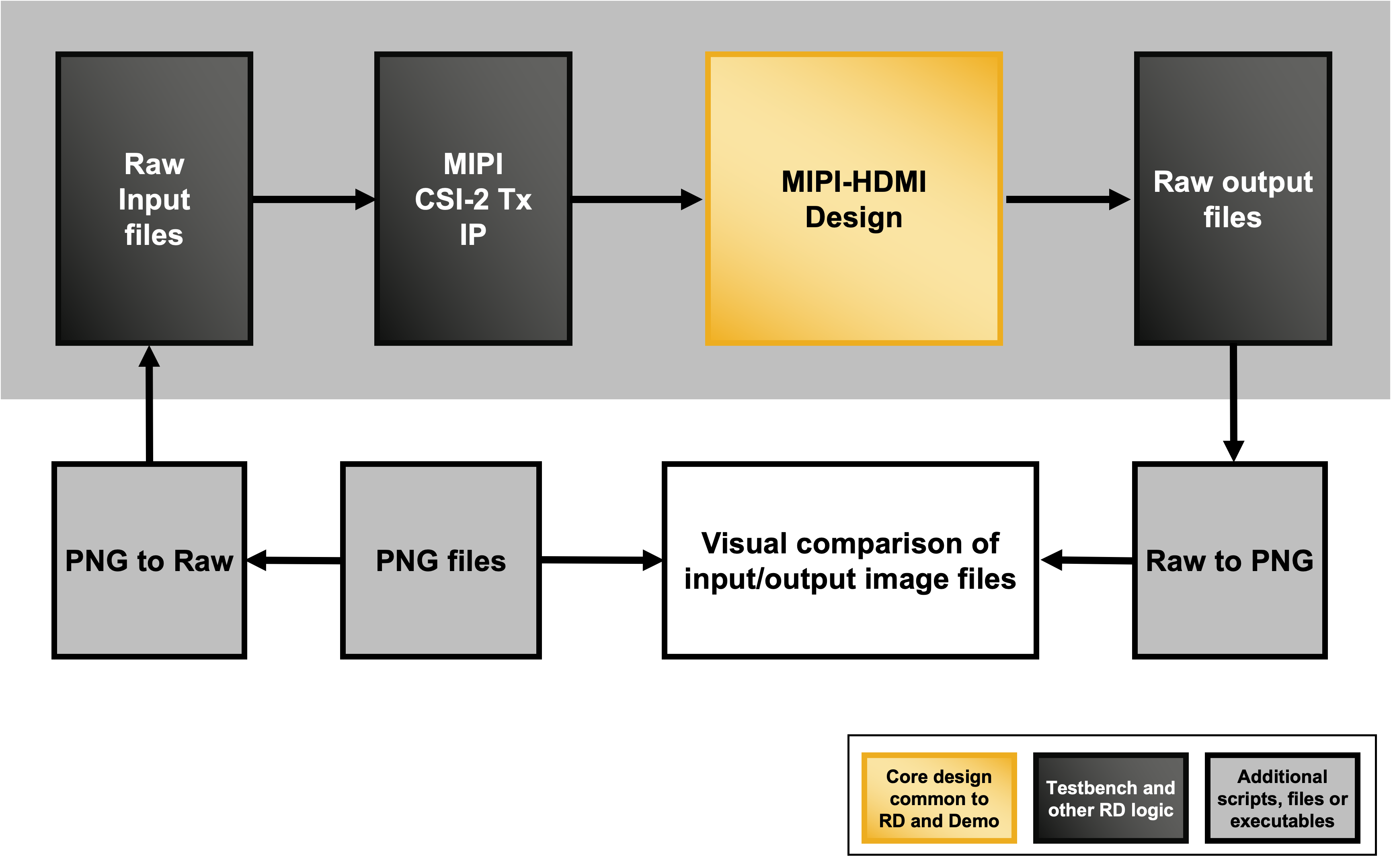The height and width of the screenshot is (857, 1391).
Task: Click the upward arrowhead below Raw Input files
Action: [x=149, y=358]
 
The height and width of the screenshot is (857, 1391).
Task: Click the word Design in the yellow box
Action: [x=854, y=218]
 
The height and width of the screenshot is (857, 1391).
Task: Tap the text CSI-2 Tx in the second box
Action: [x=473, y=199]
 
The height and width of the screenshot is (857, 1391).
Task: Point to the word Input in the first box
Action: [x=154, y=199]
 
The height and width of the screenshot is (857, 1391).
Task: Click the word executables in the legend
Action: [x=1282, y=821]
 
